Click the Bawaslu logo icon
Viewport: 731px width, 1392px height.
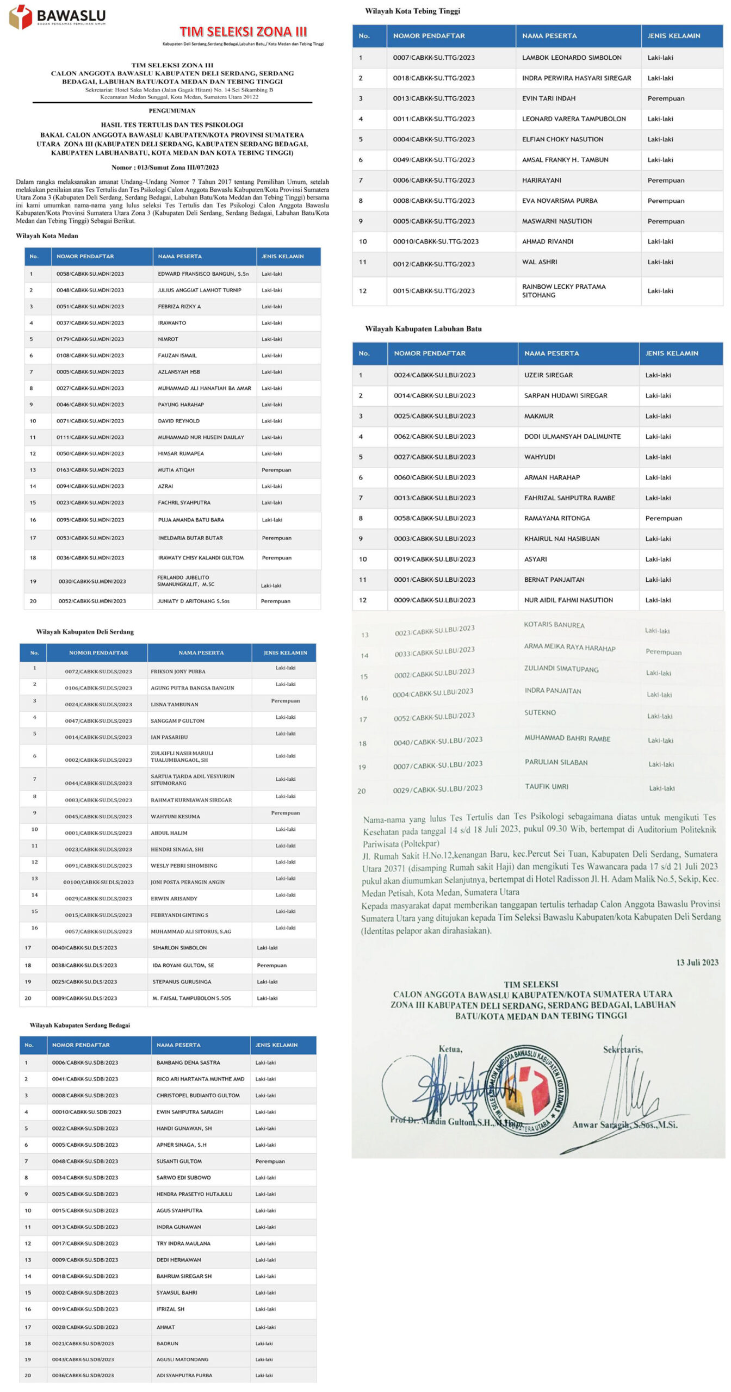[21, 17]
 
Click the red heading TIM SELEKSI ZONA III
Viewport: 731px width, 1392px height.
[243, 32]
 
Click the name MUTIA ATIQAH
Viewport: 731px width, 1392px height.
[176, 470]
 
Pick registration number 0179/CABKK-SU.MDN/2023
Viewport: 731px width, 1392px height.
[90, 339]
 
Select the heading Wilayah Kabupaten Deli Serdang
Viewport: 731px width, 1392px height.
[85, 632]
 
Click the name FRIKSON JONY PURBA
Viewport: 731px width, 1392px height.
[178, 672]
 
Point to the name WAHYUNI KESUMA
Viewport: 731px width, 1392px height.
[175, 817]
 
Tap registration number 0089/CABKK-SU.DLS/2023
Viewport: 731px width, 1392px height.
[84, 998]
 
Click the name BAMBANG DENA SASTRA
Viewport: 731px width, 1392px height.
[188, 1062]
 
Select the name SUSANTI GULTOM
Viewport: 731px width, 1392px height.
[179, 1161]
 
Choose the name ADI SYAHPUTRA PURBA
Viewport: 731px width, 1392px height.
[184, 1375]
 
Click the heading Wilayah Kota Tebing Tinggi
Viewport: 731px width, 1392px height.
[412, 11]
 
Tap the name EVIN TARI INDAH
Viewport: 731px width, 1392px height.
[548, 98]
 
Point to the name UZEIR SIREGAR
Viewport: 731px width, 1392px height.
[548, 375]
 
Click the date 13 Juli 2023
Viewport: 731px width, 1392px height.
[697, 962]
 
